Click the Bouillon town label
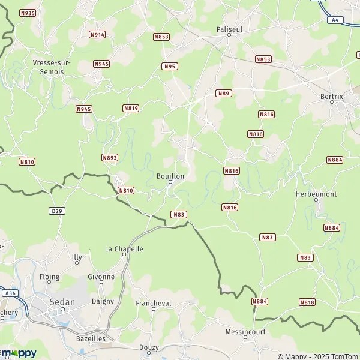170,176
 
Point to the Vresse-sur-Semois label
49,67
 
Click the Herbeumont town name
316,194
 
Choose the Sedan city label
62,302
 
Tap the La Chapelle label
124,248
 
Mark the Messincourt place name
245,332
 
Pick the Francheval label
154,304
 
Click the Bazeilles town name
91,339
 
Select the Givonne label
101,277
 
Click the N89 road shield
224,93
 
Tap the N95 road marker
170,66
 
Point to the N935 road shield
28,13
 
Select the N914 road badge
97,35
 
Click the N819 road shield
131,108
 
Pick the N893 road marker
110,158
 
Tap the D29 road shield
57,211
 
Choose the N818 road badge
307,302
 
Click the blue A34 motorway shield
10,293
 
